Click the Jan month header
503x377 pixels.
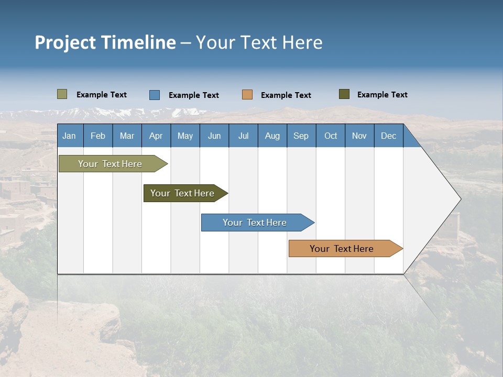coord(70,136)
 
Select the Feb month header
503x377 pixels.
coord(98,136)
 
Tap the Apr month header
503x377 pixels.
coord(156,136)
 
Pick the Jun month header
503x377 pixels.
coord(214,136)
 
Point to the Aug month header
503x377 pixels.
coord(272,136)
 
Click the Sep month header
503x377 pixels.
coord(301,136)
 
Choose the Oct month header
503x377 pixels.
coord(331,136)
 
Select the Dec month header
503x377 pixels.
coord(389,136)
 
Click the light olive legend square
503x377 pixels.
coord(62,94)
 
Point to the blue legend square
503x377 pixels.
coord(155,95)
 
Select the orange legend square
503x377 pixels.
coord(247,95)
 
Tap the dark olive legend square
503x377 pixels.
coord(344,94)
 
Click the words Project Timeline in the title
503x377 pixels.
coord(105,42)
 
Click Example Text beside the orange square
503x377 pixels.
coord(286,95)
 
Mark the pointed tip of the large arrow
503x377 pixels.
coord(460,199)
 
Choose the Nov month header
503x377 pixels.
coord(359,136)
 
